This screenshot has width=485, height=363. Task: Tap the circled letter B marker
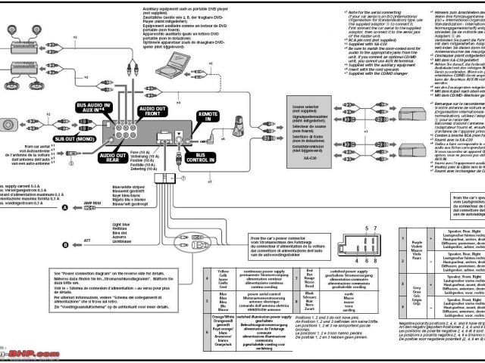[x=65, y=245]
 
